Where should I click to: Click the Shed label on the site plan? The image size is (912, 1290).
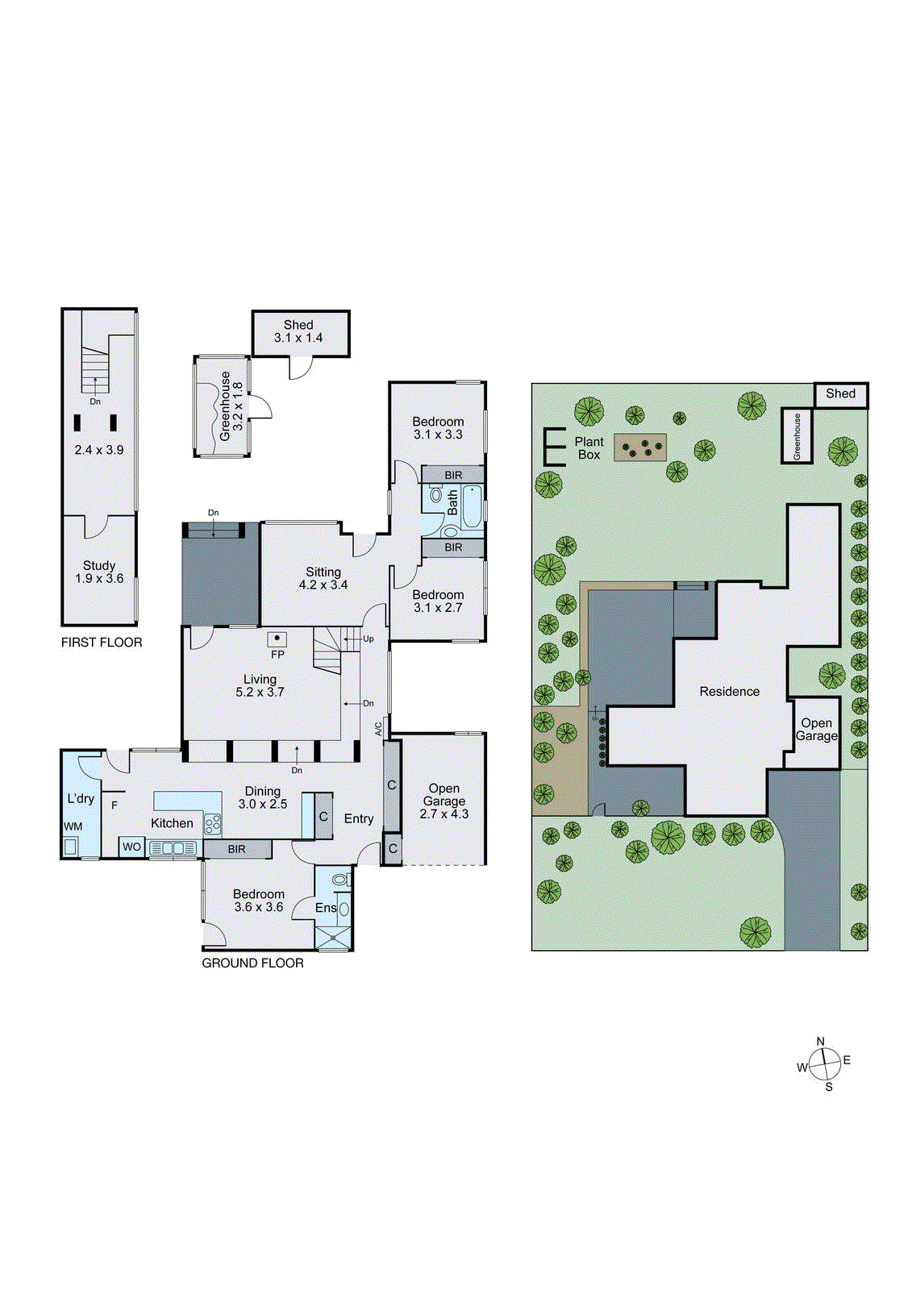pyautogui.click(x=840, y=393)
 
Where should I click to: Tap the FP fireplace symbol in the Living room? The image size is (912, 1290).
pyautogui.click(x=277, y=639)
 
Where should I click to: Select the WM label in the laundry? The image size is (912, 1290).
pyautogui.click(x=73, y=826)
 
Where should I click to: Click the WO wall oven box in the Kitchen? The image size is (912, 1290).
pyautogui.click(x=131, y=847)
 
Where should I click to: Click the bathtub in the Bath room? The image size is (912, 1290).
pyautogui.click(x=472, y=506)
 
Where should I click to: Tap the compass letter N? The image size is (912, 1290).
pyautogui.click(x=821, y=1041)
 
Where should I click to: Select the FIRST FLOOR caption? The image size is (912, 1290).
pyautogui.click(x=102, y=643)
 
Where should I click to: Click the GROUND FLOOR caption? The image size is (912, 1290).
pyautogui.click(x=252, y=963)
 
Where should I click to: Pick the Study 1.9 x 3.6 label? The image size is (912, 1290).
pyautogui.click(x=99, y=572)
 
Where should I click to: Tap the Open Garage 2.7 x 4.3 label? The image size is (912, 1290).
pyautogui.click(x=444, y=801)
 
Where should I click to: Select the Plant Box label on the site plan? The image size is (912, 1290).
pyautogui.click(x=589, y=448)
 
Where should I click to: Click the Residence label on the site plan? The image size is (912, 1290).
pyautogui.click(x=729, y=691)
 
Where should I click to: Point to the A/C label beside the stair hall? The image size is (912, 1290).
pyautogui.click(x=378, y=728)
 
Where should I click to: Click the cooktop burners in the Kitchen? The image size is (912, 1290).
pyautogui.click(x=213, y=824)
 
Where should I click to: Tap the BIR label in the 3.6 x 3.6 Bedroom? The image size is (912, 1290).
pyautogui.click(x=236, y=849)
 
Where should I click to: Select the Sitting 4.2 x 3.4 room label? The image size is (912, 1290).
pyautogui.click(x=323, y=578)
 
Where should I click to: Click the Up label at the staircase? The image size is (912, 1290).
pyautogui.click(x=368, y=639)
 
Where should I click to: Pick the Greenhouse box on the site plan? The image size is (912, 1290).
pyautogui.click(x=796, y=435)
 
